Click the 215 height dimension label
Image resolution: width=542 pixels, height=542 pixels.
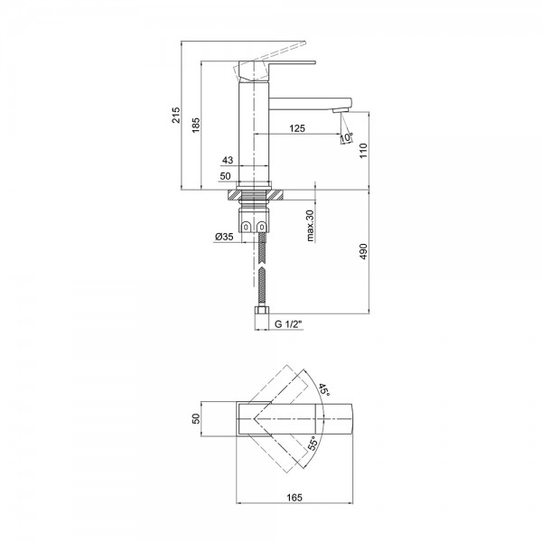pos(176,115)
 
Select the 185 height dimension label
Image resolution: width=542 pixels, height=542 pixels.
pos(196,126)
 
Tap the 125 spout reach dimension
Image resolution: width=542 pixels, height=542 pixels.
pos(297,128)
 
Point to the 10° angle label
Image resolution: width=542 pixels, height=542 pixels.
pos(347,137)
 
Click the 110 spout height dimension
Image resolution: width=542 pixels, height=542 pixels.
pos(363,150)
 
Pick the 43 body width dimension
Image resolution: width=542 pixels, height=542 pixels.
pos(228,160)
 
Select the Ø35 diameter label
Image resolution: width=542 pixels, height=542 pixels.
pos(224,237)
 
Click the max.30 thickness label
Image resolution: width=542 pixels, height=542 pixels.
pos(310,225)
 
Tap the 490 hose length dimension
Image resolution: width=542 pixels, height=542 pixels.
pos(363,252)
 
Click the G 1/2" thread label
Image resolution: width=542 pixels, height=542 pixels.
pos(288,324)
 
